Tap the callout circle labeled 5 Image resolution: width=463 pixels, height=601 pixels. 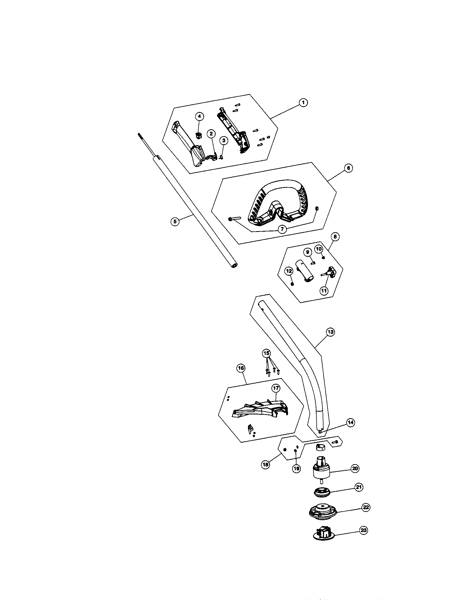(175, 221)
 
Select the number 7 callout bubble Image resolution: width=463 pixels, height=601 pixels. (282, 229)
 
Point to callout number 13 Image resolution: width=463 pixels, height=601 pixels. (330, 332)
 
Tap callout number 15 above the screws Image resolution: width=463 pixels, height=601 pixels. (266, 353)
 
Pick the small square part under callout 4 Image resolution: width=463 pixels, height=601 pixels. (199, 135)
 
